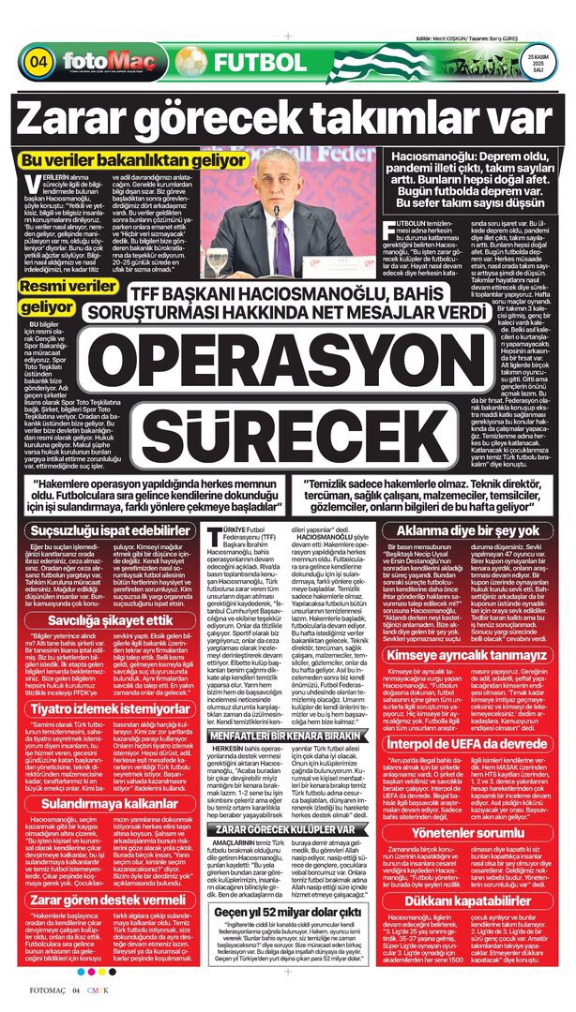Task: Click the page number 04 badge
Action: point(38,63)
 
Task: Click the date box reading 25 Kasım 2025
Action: point(537,63)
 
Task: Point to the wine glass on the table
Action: point(217,260)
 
